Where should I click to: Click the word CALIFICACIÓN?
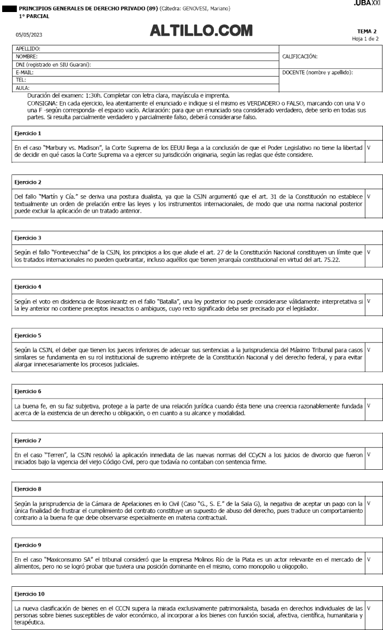tap(300, 56)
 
